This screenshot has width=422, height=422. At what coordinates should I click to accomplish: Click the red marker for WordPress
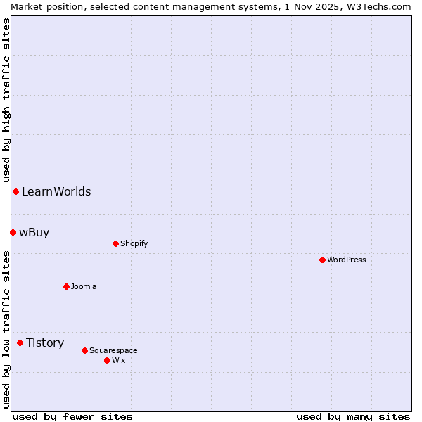[322, 260]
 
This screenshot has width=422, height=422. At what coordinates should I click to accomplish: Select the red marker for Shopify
[115, 243]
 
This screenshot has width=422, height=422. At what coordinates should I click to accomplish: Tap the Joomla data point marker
[66, 286]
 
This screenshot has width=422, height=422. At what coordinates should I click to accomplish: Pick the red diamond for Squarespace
[84, 350]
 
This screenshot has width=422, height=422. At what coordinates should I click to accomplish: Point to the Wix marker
[107, 360]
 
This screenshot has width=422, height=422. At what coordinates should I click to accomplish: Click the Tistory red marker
[20, 343]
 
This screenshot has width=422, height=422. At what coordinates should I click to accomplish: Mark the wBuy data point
[13, 232]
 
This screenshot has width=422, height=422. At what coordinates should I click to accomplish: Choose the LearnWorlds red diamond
[15, 191]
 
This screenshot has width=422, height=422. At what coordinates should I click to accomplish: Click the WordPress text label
[347, 260]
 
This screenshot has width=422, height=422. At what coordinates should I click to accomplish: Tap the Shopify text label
[134, 243]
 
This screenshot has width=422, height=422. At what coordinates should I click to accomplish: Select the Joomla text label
[84, 286]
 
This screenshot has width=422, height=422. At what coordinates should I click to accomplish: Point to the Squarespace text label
[113, 350]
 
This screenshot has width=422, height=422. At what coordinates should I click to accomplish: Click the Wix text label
[118, 360]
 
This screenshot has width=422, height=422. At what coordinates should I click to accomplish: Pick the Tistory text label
[45, 343]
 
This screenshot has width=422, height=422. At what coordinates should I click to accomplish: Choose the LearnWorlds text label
[56, 191]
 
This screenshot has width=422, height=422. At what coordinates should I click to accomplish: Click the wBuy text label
[34, 232]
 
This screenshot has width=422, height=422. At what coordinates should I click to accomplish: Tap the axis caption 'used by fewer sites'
[72, 416]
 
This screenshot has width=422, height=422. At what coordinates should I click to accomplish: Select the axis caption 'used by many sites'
[353, 416]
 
